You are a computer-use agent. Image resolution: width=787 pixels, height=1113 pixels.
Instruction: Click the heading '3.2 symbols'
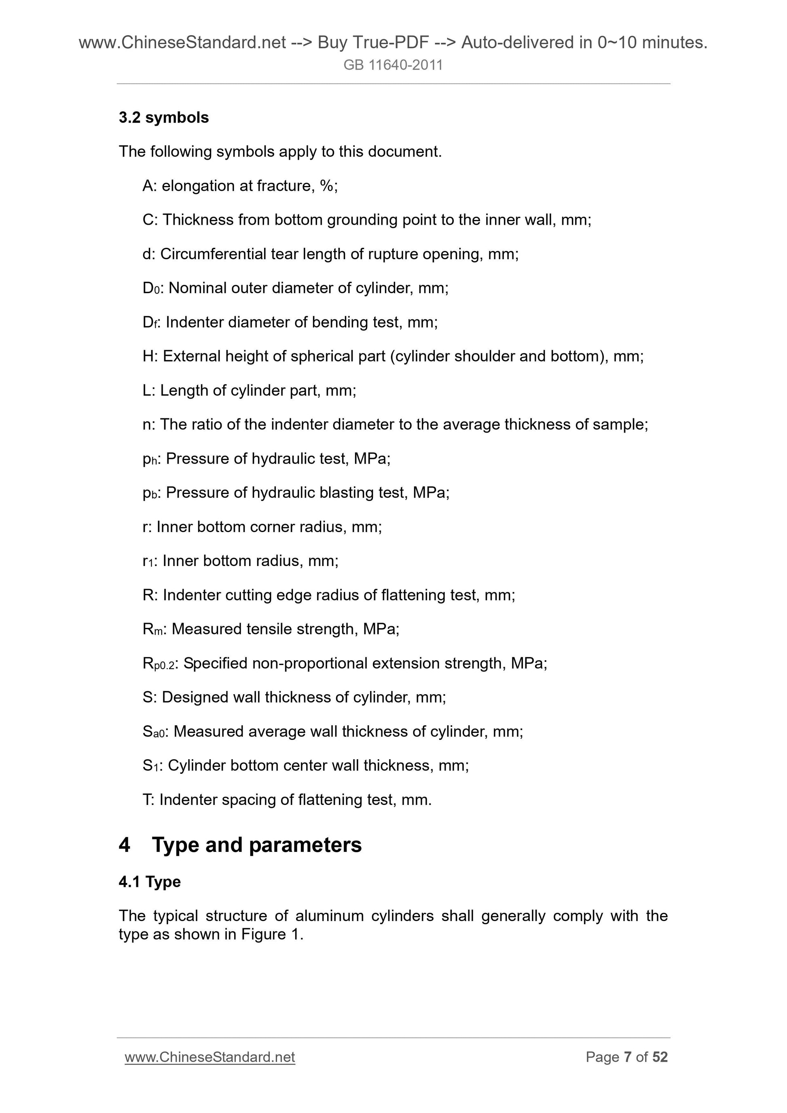click(163, 118)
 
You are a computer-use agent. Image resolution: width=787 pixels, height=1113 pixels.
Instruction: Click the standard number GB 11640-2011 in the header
click(393, 65)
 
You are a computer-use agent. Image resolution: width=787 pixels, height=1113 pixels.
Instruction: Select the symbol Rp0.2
click(158, 663)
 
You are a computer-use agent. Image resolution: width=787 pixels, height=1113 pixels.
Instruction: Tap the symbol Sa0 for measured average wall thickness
click(154, 731)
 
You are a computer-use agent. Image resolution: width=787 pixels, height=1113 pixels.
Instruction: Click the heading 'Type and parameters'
click(256, 845)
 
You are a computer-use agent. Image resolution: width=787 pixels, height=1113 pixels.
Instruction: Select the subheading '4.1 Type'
click(149, 882)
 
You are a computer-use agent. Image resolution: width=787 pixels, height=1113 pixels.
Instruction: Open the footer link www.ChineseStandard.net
click(209, 1057)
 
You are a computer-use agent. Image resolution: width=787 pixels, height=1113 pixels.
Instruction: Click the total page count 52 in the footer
click(660, 1057)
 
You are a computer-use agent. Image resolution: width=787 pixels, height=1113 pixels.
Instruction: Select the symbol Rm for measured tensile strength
click(152, 629)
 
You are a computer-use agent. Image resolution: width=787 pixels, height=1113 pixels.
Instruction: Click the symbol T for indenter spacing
click(147, 799)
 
